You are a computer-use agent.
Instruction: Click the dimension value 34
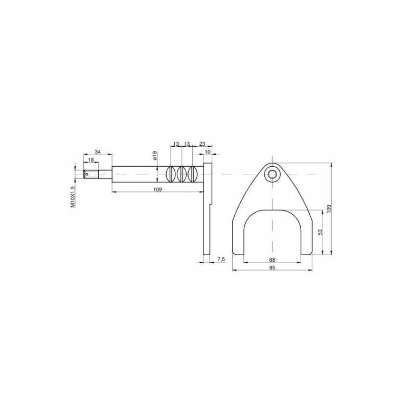click(x=98, y=152)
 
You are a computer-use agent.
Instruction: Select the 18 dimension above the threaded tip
click(x=91, y=160)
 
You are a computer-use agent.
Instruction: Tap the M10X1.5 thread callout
click(x=73, y=197)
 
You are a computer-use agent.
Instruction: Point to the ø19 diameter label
click(x=154, y=155)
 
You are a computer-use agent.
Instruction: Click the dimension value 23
click(x=202, y=144)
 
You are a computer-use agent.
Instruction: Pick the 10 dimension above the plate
click(x=208, y=152)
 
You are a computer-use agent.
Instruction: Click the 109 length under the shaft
click(x=157, y=189)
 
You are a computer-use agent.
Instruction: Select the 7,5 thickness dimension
click(x=221, y=259)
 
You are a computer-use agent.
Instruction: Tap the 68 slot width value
click(x=272, y=260)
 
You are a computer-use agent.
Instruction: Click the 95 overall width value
click(x=272, y=268)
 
